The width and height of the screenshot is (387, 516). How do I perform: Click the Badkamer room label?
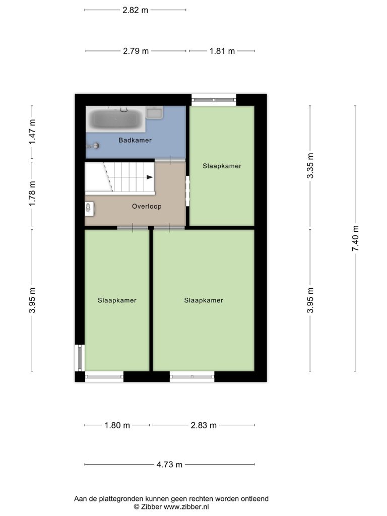(x=135, y=140)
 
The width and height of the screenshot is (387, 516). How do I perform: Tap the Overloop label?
(x=147, y=206)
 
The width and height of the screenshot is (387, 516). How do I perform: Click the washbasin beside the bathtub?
(x=154, y=112)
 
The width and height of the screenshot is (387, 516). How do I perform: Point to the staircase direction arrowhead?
(x=150, y=177)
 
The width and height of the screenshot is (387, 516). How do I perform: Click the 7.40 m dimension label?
(x=355, y=238)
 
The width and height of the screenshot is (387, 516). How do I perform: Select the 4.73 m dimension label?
(x=169, y=464)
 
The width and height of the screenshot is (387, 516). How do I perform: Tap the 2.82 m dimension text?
(x=135, y=10)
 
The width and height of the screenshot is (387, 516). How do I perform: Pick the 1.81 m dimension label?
(x=222, y=51)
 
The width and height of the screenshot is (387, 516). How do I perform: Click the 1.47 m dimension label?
(x=32, y=132)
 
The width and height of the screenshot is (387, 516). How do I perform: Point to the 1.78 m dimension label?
(x=32, y=194)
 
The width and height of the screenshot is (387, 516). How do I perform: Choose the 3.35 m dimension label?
(x=310, y=165)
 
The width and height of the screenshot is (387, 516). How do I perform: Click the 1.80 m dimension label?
(x=117, y=425)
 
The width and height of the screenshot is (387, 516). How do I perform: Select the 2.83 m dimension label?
(x=204, y=425)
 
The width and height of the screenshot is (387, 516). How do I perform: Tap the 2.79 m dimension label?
(x=136, y=51)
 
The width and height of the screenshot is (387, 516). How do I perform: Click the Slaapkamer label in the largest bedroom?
(x=204, y=300)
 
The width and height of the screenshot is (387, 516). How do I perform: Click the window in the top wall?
(x=214, y=100)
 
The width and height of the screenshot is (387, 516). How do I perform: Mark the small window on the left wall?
(x=80, y=358)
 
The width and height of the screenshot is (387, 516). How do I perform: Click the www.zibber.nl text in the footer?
(x=186, y=507)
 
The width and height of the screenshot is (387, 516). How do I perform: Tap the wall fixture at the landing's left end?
(x=90, y=209)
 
